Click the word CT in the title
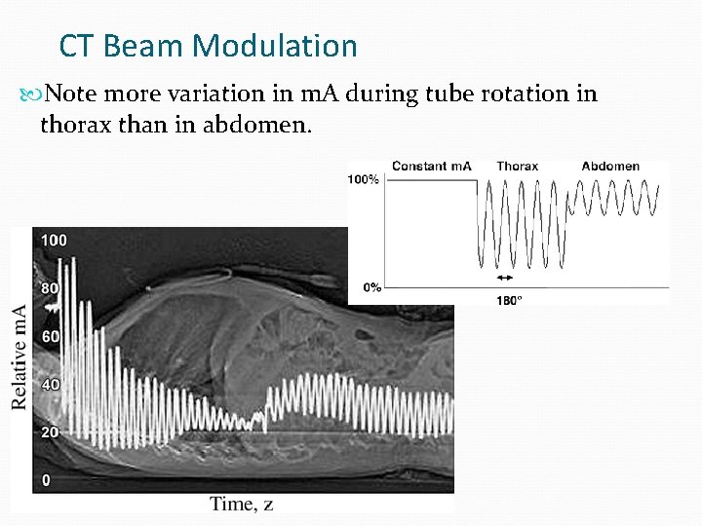click(x=75, y=46)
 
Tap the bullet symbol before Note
click(x=36, y=94)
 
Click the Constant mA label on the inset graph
click(x=431, y=167)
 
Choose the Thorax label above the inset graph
click(x=517, y=167)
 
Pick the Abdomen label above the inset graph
click(x=610, y=167)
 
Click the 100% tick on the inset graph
click(x=364, y=181)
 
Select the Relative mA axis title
click(x=19, y=356)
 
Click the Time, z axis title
click(x=241, y=504)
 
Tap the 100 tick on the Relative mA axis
click(x=53, y=240)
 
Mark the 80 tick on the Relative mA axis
click(x=49, y=288)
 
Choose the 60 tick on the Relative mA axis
click(x=49, y=336)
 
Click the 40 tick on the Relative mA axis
click(x=49, y=384)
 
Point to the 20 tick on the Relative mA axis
click(x=49, y=432)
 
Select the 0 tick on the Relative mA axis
click(x=45, y=480)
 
